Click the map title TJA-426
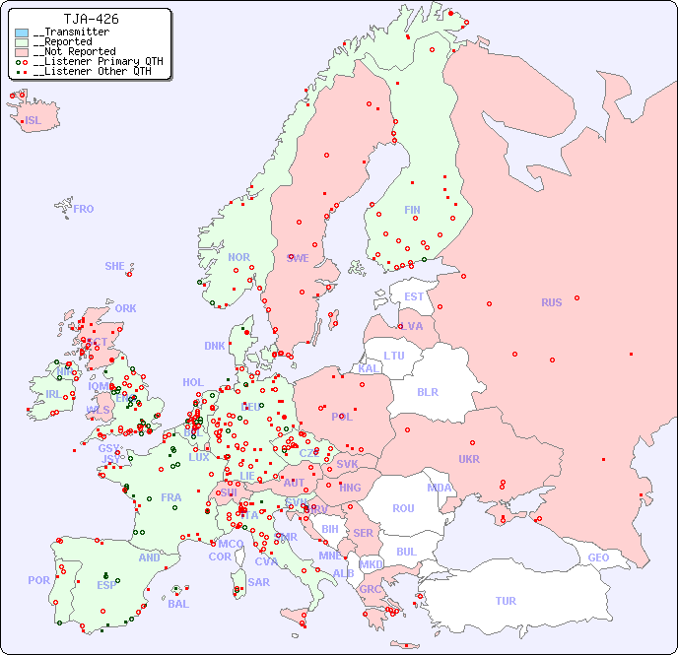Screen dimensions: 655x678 [91, 19]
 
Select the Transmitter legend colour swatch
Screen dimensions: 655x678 [22, 33]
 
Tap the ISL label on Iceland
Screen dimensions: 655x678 [34, 121]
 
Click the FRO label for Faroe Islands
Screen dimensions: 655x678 [84, 209]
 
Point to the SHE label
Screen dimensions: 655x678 [115, 266]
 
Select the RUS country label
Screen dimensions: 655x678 [551, 302]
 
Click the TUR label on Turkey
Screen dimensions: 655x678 [506, 601]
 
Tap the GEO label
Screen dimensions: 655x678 [598, 557]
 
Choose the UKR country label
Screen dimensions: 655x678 [469, 459]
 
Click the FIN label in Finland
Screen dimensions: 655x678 [412, 210]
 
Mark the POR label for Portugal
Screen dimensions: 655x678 [38, 580]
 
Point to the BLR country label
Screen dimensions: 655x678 [427, 391]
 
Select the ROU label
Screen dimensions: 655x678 [403, 508]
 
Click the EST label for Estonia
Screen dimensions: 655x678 [414, 296]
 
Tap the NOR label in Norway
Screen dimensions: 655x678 [238, 257]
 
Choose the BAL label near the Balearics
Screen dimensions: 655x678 [177, 604]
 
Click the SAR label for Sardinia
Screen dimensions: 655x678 [258, 582]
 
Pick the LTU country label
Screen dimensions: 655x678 [394, 356]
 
